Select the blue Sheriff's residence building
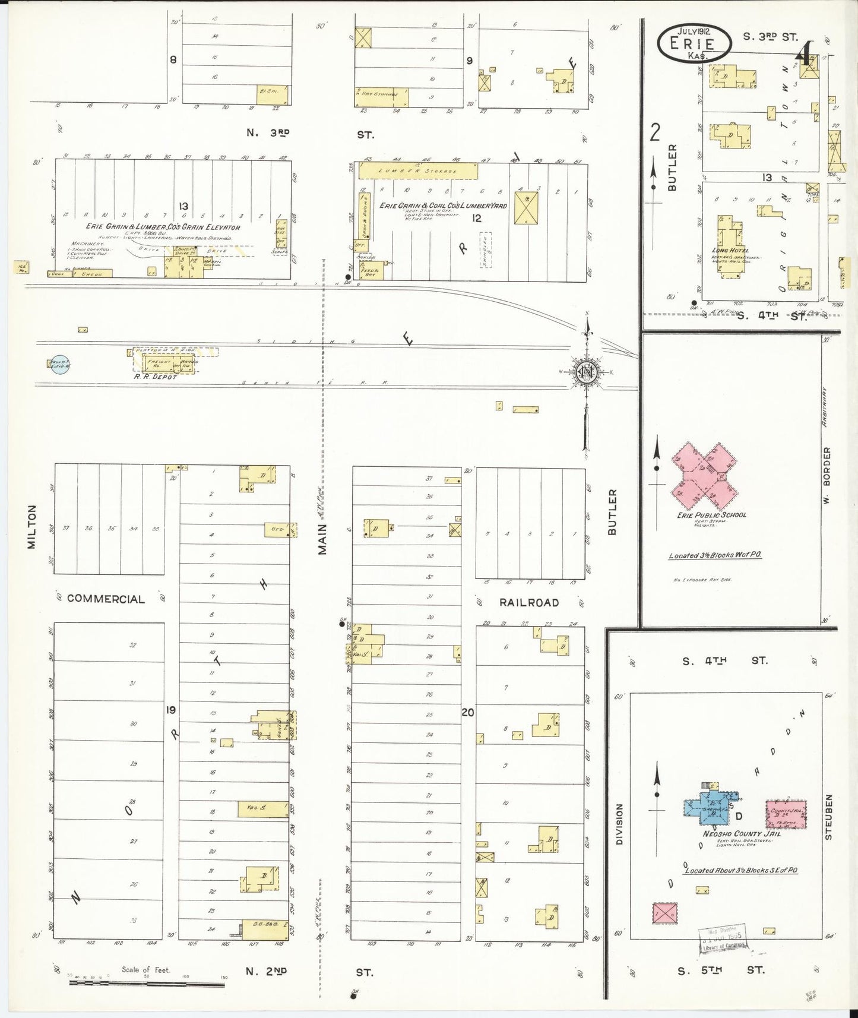pyautogui.click(x=709, y=809)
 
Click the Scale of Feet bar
pyautogui.click(x=147, y=982)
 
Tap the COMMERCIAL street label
pyautogui.click(x=106, y=599)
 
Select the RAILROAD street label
pyautogui.click(x=528, y=602)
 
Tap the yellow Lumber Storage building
pyautogui.click(x=419, y=170)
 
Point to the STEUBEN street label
pyautogui.click(x=829, y=816)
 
